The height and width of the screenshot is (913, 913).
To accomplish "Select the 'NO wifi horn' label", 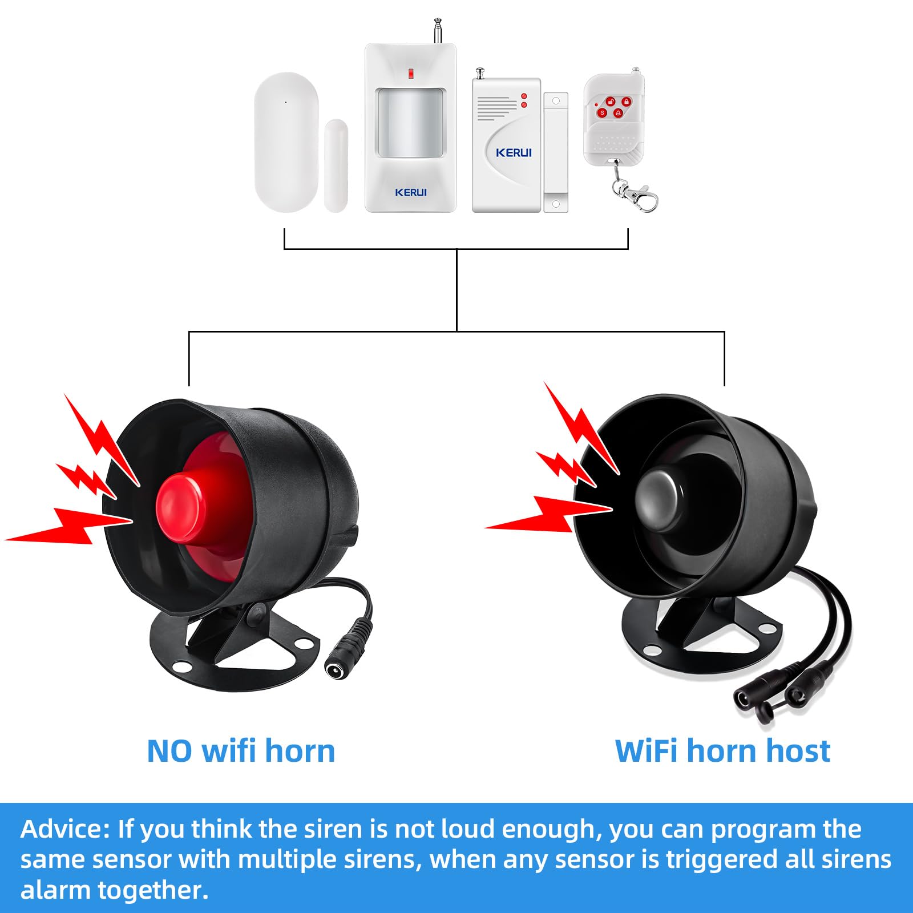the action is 241,751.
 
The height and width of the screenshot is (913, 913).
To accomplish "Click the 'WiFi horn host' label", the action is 722,751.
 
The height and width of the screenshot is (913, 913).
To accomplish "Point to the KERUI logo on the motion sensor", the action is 411,192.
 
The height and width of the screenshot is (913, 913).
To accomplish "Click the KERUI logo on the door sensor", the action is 514,152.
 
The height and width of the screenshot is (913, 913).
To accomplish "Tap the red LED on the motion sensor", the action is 410,73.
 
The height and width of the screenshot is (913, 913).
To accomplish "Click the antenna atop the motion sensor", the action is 438,31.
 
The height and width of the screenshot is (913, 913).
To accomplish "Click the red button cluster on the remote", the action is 613,107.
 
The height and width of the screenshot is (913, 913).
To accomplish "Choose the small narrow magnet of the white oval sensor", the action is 336,165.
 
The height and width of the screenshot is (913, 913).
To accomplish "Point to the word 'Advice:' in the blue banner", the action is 64,829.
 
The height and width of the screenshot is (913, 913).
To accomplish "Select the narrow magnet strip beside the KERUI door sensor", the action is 556,152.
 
